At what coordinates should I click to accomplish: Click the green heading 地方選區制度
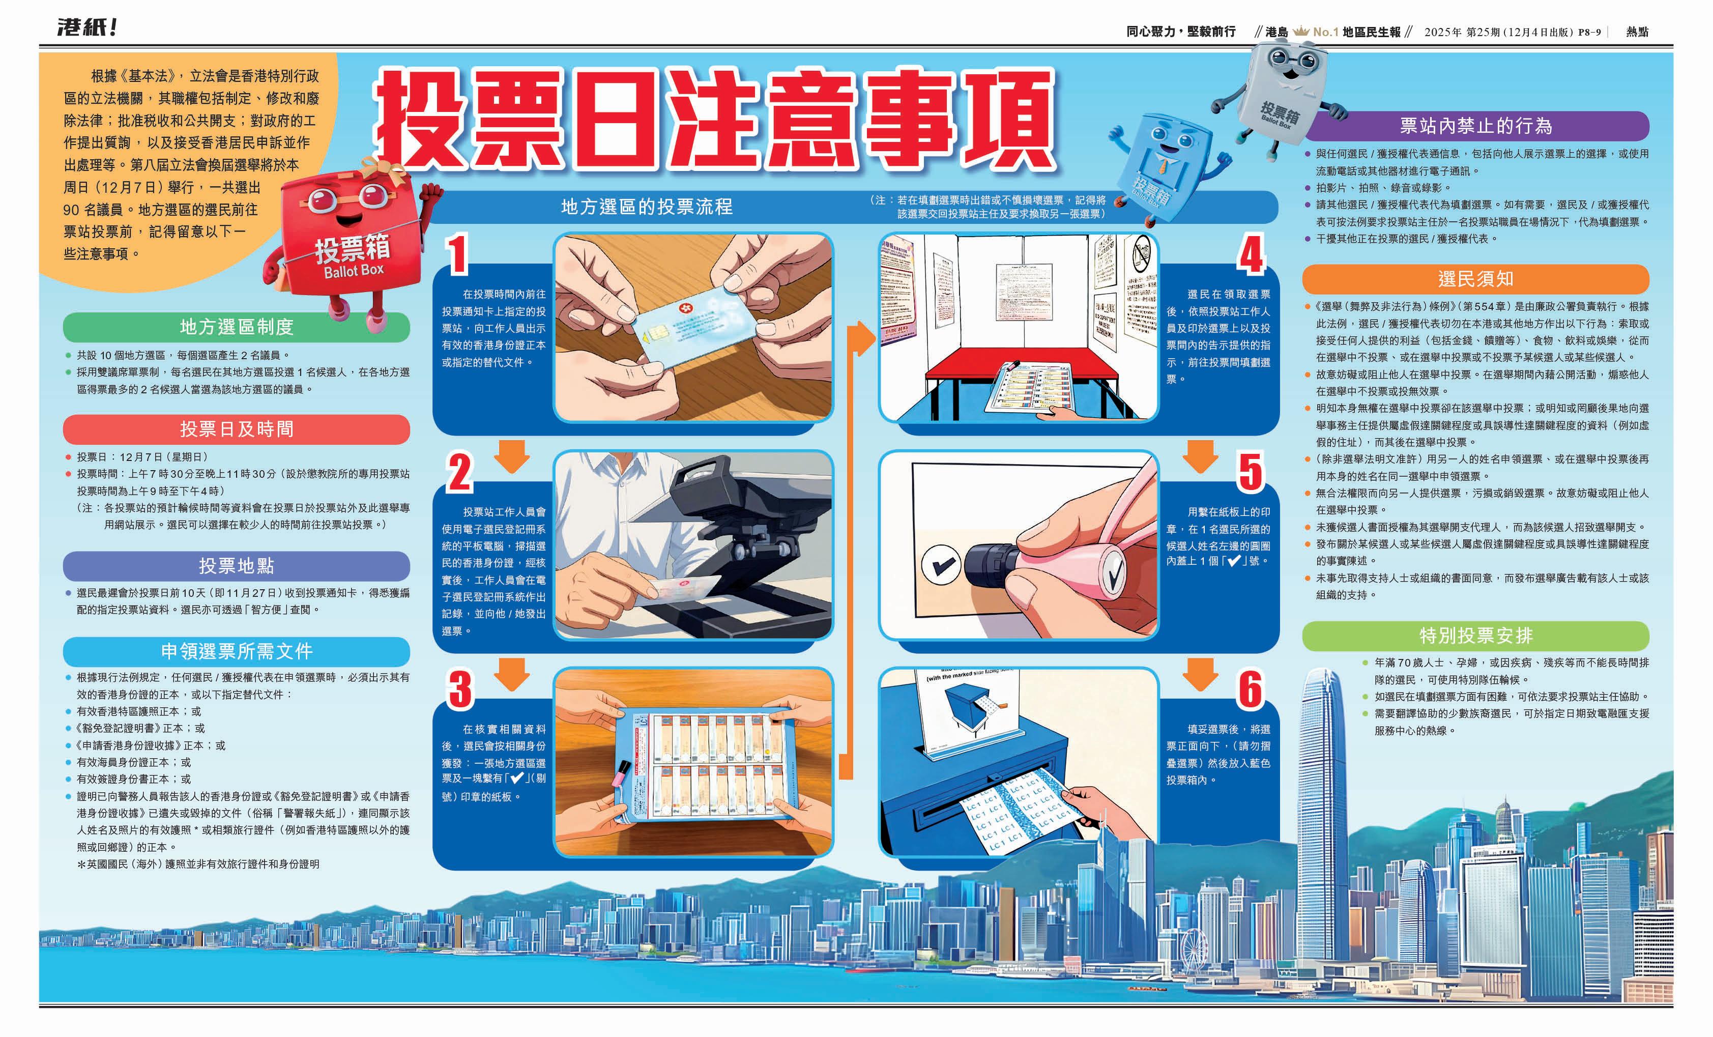[237, 327]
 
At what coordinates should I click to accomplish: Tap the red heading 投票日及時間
[237, 429]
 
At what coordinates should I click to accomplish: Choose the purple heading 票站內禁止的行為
[1475, 126]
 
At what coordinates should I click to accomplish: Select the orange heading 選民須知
[1475, 279]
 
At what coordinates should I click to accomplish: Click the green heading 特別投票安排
[1475, 636]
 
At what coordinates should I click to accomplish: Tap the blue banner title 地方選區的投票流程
[647, 207]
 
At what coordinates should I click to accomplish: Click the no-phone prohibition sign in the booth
[1142, 253]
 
